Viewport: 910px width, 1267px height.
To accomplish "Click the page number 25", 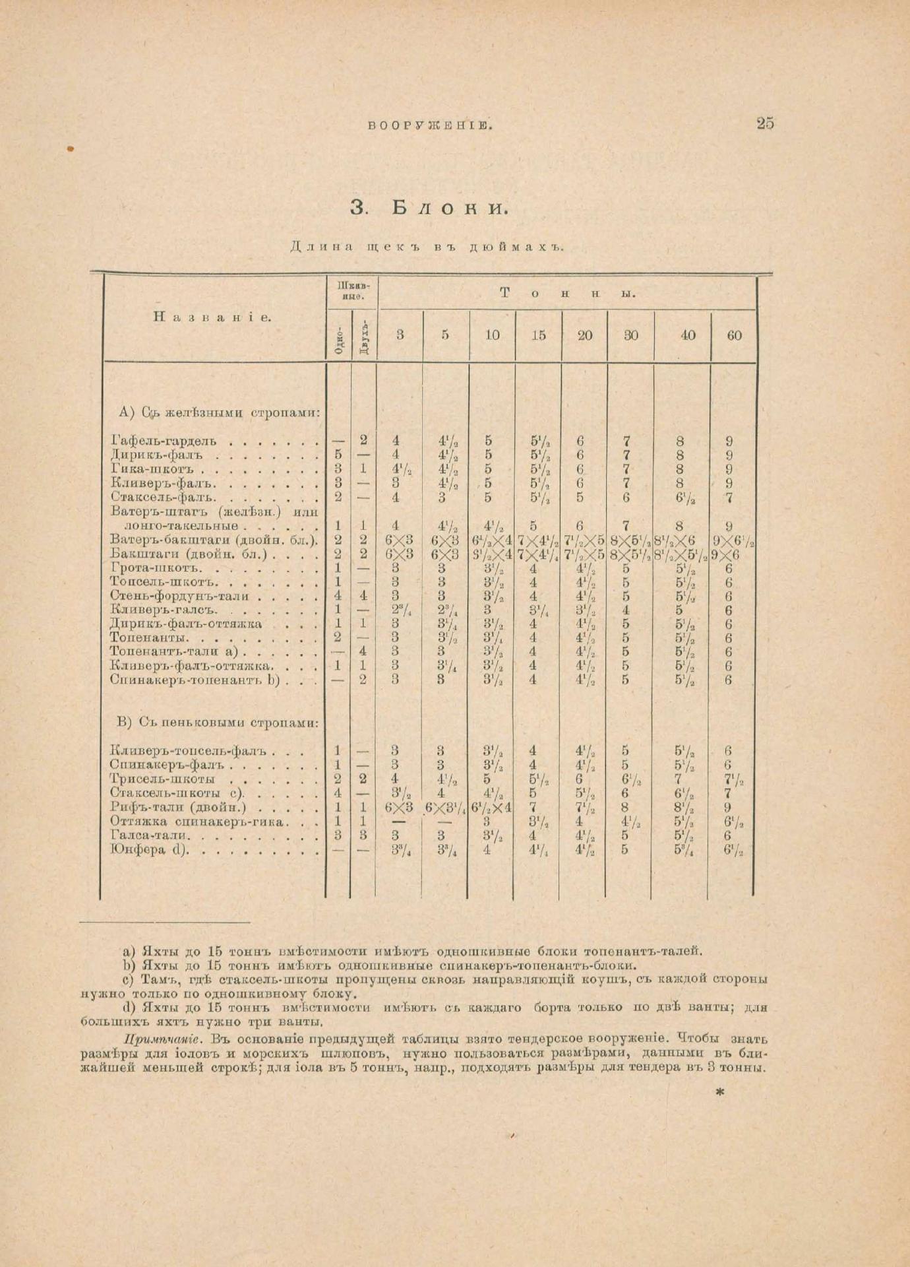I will click(765, 123).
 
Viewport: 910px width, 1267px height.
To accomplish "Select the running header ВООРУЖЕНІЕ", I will click(430, 124).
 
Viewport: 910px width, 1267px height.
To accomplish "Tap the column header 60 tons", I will click(734, 335).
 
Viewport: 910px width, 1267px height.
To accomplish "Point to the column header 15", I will click(539, 335).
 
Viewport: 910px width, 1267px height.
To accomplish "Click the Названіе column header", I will click(212, 317).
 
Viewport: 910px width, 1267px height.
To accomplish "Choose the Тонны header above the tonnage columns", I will click(567, 294).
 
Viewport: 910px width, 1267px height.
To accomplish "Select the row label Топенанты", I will click(150, 638).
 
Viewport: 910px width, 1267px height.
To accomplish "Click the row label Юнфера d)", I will click(150, 850).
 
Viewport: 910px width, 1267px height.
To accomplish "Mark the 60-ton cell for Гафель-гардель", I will click(729, 441).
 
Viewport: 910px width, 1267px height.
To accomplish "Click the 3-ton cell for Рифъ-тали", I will click(399, 807).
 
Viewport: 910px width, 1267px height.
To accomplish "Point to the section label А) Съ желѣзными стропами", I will click(220, 413).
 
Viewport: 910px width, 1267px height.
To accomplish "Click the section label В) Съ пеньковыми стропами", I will click(218, 723).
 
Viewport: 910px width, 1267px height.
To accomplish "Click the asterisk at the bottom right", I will click(719, 1093).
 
